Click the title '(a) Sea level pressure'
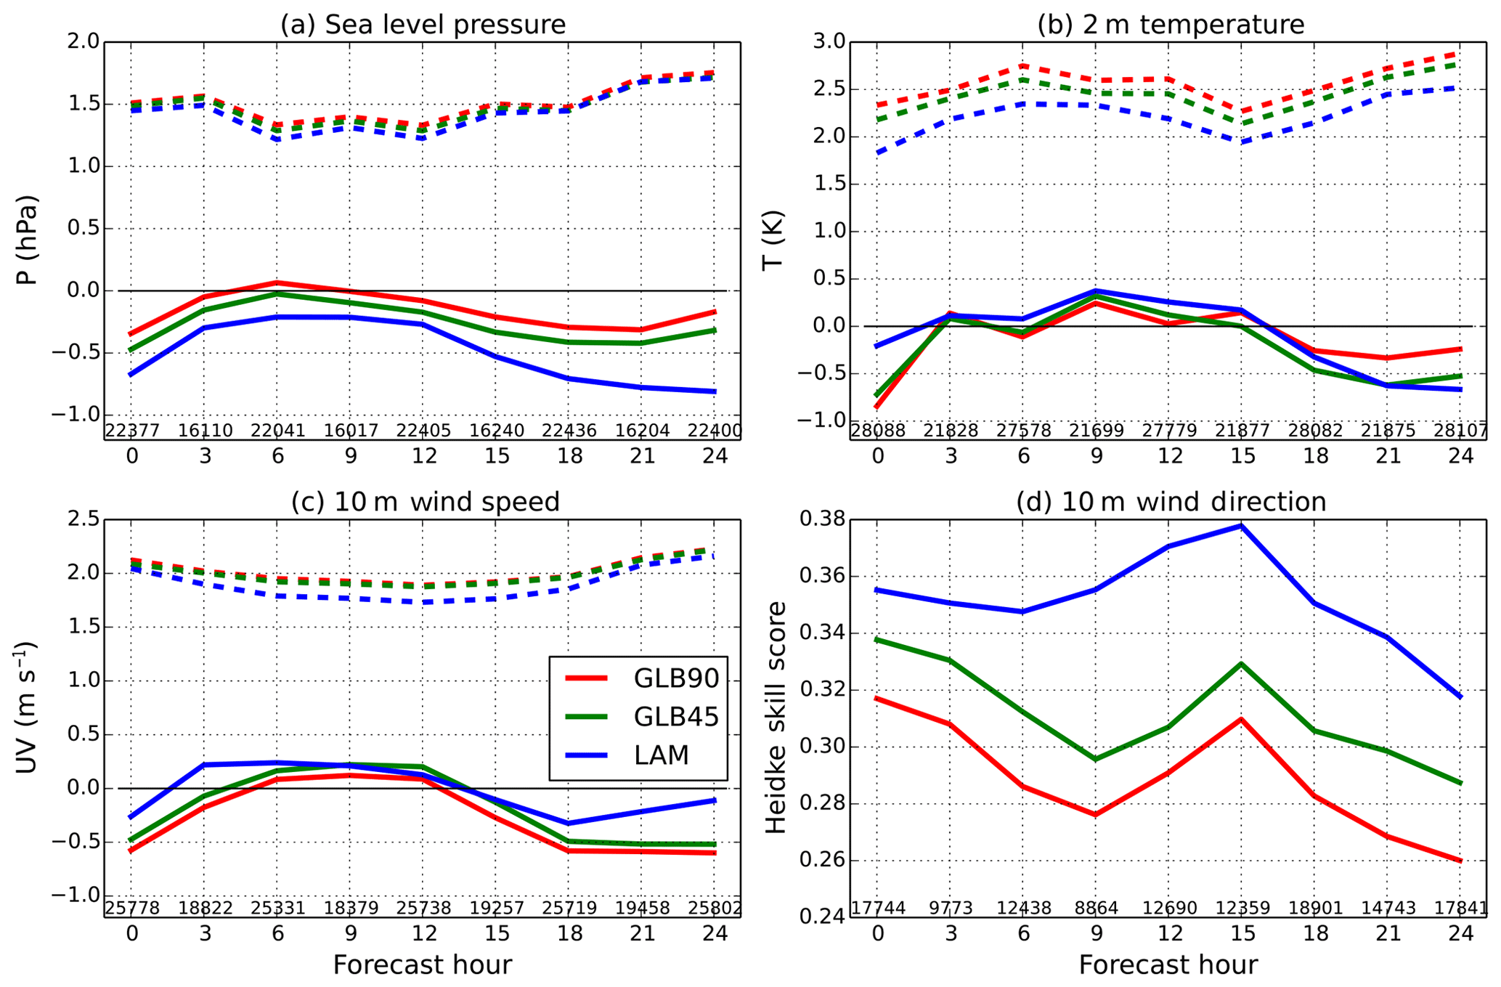click(423, 25)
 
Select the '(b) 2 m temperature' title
click(1170, 25)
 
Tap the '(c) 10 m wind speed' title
click(426, 502)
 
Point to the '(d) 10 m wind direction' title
click(1171, 502)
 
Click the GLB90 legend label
click(676, 678)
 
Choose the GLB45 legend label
click(676, 717)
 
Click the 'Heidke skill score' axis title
click(777, 718)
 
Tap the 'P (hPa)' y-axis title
click(28, 240)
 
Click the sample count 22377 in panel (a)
click(132, 431)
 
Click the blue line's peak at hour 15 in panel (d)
click(1242, 525)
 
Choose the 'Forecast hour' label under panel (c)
click(423, 965)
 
